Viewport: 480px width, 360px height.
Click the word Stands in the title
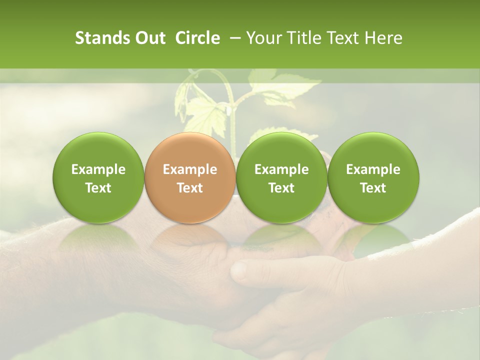click(98, 38)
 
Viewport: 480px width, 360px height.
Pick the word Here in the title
click(383, 38)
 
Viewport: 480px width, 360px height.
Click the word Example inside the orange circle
click(190, 169)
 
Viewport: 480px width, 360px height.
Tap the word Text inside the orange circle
click(190, 188)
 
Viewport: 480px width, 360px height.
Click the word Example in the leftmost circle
click(98, 169)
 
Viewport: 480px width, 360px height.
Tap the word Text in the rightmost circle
click(373, 188)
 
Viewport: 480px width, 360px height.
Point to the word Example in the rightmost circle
click(373, 169)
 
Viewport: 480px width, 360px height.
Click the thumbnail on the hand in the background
click(239, 270)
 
